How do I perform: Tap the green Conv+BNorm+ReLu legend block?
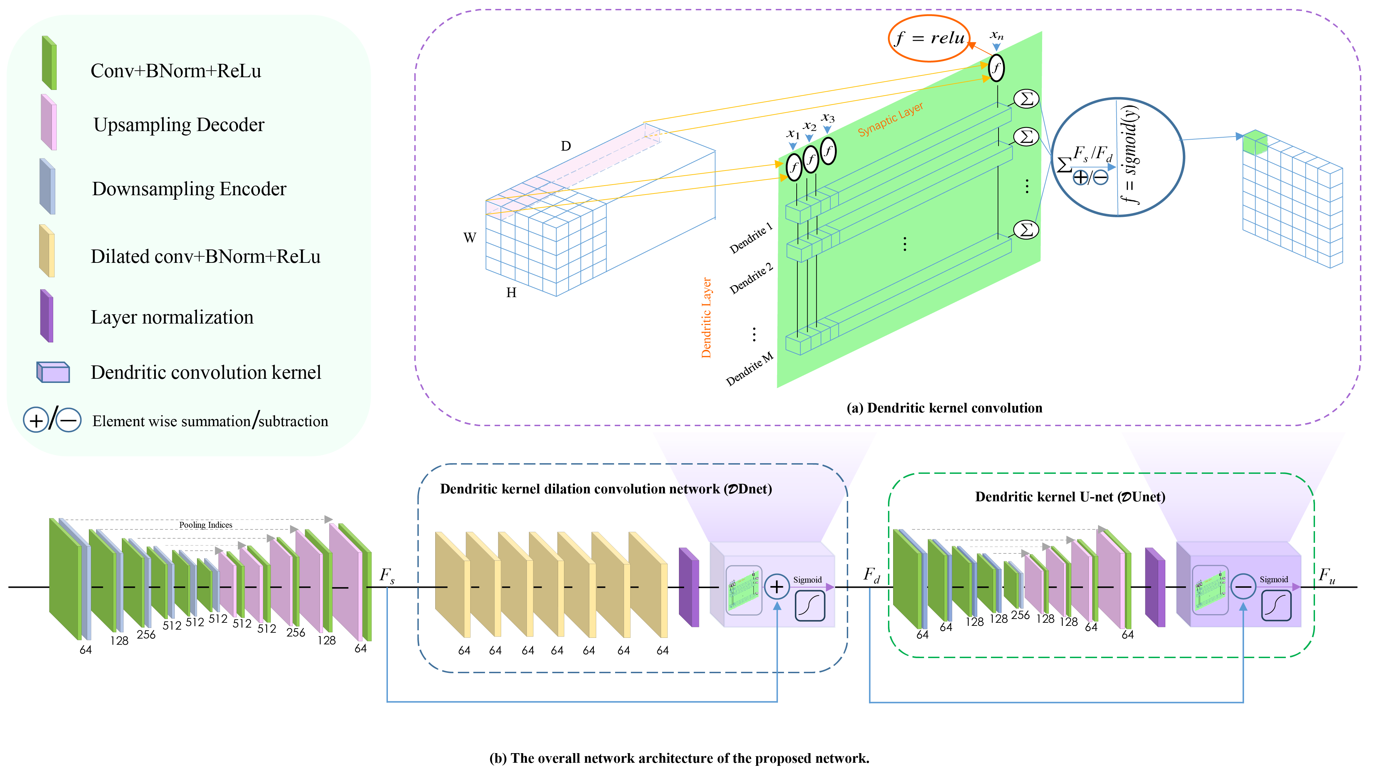click(49, 63)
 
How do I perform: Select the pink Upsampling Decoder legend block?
click(48, 122)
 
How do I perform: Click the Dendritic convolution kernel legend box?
click(53, 372)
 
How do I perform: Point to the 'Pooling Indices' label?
click(205, 525)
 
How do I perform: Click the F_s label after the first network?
click(387, 576)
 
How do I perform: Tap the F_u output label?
click(1327, 576)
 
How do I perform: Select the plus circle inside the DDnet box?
click(776, 587)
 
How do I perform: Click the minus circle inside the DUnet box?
click(1243, 587)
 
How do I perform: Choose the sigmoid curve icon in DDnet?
click(810, 606)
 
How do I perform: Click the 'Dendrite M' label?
click(749, 369)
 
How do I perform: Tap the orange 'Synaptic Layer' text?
click(890, 119)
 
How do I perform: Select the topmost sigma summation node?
click(1026, 98)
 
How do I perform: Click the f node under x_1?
click(794, 167)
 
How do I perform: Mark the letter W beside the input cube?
click(470, 238)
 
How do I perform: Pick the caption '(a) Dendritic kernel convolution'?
click(944, 408)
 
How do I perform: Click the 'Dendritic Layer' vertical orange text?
click(706, 317)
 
